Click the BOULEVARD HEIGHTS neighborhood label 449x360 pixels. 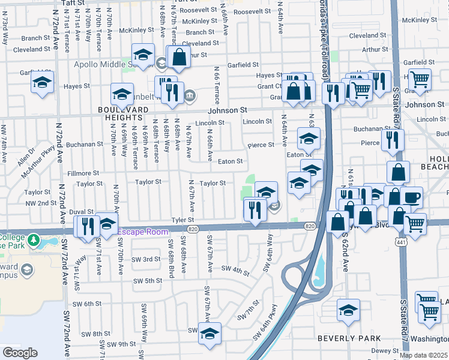(125, 114)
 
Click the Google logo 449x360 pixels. (20, 353)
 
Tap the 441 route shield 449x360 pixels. (400, 240)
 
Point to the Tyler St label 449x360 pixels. (184, 220)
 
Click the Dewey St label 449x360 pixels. (381, 350)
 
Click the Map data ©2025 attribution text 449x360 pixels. (423, 355)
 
